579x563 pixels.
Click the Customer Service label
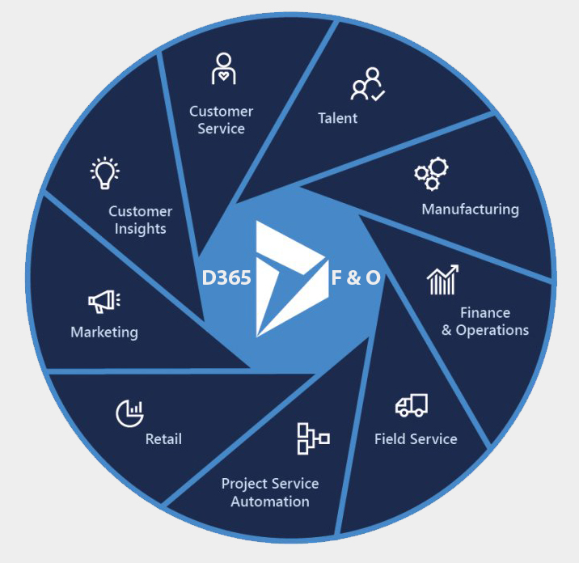[x=221, y=120]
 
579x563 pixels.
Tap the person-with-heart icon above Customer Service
[x=223, y=70]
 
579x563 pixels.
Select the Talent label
[x=337, y=118]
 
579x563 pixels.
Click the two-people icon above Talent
[x=367, y=84]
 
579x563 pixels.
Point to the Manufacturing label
[x=470, y=210]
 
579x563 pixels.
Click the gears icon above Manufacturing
[x=432, y=171]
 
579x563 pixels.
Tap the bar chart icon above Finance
[x=443, y=280]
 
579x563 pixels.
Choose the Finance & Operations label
[x=485, y=321]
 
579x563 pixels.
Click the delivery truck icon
[x=412, y=405]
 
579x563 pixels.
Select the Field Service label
[x=416, y=439]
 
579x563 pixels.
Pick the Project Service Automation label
[x=270, y=492]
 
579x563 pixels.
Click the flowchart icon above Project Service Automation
[x=313, y=438]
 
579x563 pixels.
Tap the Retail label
[x=163, y=439]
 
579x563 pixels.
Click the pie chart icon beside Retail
[x=129, y=413]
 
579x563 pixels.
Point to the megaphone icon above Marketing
[x=104, y=302]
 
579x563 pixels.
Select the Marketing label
[x=104, y=332]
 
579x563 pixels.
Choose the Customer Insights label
[x=141, y=220]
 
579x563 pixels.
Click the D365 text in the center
[x=226, y=278]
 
